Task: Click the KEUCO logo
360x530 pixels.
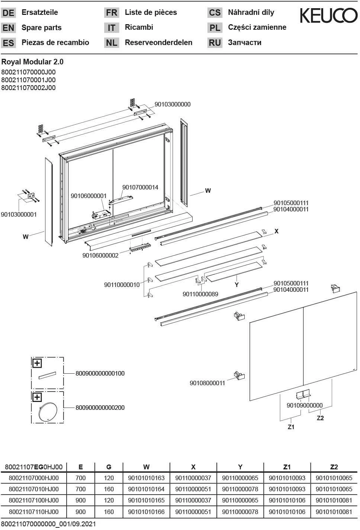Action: tap(328, 16)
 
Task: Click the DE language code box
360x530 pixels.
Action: tap(8, 13)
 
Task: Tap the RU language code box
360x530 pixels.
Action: tap(215, 43)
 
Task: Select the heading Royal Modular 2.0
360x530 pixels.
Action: tap(32, 62)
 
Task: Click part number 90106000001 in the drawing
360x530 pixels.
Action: tap(89, 196)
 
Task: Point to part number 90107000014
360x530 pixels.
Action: tap(140, 187)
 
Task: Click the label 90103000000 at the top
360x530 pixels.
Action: tap(173, 104)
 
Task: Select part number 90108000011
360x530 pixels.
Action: tap(207, 383)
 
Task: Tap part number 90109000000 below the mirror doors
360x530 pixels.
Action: tap(305, 405)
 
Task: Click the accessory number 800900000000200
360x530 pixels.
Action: tap(100, 408)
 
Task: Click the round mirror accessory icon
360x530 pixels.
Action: tap(47, 412)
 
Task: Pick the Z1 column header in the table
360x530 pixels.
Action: tap(287, 467)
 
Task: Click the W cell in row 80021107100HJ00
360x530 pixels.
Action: tap(146, 500)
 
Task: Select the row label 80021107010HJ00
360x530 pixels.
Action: tap(33, 489)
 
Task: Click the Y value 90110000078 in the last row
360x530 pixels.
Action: tap(240, 512)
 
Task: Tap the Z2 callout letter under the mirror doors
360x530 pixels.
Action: tap(320, 418)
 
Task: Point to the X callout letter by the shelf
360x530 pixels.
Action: tap(276, 231)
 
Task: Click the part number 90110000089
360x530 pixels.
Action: tap(200, 294)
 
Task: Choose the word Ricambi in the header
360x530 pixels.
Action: tap(139, 27)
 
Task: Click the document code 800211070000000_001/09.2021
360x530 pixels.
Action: tap(48, 524)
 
